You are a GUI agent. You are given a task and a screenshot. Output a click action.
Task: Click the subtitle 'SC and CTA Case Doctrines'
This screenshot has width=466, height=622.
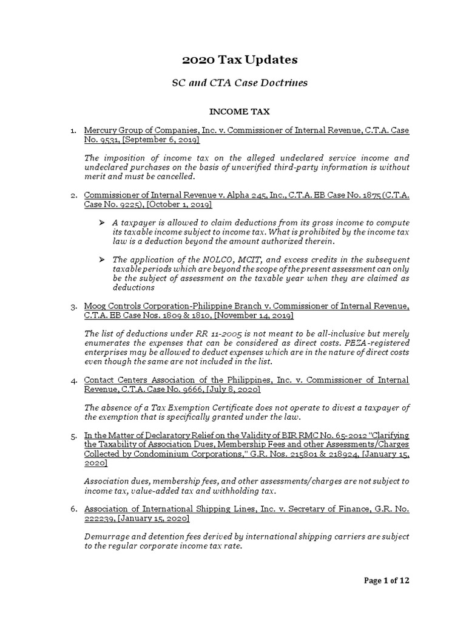[240, 83]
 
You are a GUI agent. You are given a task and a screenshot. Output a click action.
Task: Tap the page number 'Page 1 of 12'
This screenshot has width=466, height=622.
[387, 581]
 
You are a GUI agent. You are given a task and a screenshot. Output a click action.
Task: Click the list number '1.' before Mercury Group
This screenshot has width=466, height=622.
[73, 131]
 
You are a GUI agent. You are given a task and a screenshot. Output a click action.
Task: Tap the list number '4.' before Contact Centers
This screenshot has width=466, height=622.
[73, 380]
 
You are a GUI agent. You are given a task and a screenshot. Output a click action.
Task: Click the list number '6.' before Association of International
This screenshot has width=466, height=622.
[73, 510]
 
